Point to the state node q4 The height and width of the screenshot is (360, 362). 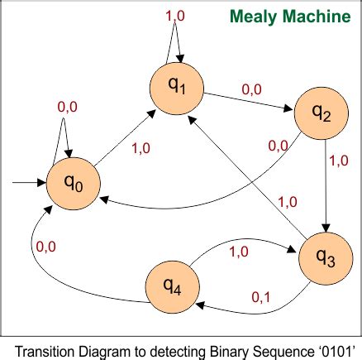tap(172, 286)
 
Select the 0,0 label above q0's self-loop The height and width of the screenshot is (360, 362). tap(67, 106)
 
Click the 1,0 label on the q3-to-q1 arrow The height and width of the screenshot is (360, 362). tap(288, 202)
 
